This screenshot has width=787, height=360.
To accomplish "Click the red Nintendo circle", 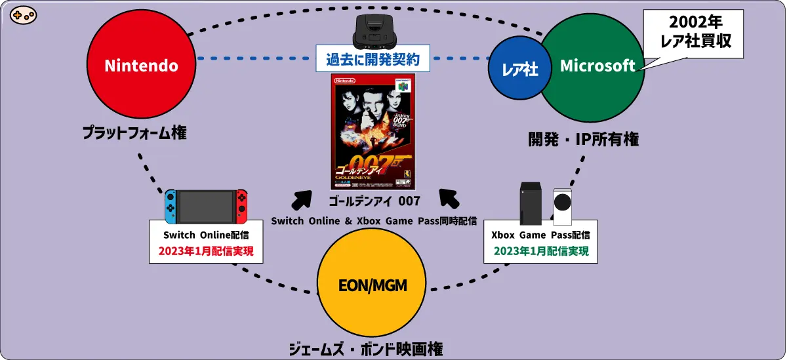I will coord(141,66).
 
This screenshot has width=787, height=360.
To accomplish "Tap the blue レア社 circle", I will coord(520,69).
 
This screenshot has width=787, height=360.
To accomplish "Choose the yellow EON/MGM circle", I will coord(373,285).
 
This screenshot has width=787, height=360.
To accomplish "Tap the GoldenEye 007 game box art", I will coord(373,131).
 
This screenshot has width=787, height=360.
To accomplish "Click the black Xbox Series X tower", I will coord(531,205).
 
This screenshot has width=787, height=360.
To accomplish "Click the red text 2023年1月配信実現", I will coord(206,251).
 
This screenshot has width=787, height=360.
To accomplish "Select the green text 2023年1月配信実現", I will coord(541,251).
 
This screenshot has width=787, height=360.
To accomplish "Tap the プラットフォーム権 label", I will coord(134,132).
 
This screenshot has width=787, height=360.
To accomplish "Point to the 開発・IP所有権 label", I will coord(584,139).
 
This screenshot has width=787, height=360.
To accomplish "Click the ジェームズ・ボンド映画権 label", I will coord(372,349).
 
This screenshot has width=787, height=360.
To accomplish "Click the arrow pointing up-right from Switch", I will coord(302,199).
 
